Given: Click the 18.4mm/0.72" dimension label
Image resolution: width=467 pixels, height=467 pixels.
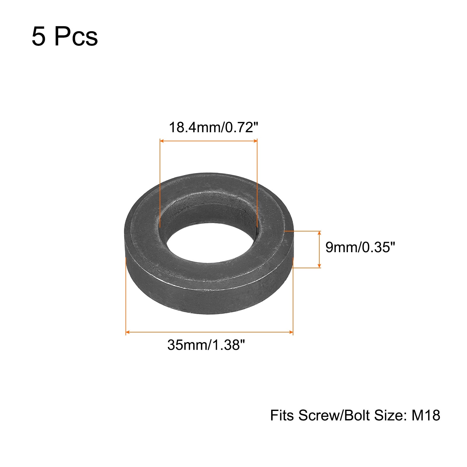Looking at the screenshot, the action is click(x=214, y=128).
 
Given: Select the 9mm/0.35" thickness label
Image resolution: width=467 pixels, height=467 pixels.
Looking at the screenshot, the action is click(x=360, y=248).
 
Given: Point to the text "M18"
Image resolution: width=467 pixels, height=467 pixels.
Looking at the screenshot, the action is click(x=426, y=415).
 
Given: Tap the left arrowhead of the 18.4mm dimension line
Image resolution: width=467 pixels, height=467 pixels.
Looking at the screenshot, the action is click(x=162, y=141).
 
